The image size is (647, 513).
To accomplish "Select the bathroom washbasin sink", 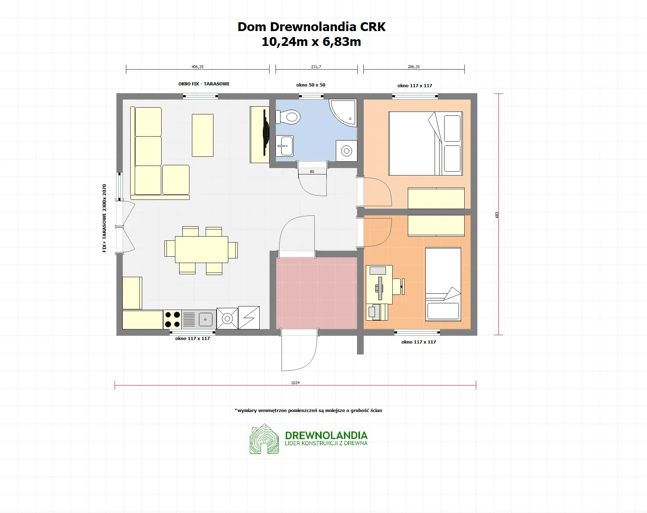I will [284, 145].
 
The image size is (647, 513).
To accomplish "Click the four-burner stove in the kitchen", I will [172, 320].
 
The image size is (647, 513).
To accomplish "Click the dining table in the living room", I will [201, 250].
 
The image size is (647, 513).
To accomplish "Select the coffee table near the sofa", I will [202, 135].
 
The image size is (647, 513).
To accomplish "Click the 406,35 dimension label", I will [197, 67].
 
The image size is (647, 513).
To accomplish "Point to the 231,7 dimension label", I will [316, 67].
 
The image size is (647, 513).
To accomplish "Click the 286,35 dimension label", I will [413, 67].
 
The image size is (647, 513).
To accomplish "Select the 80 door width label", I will [312, 172].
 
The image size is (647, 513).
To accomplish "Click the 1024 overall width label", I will [295, 383].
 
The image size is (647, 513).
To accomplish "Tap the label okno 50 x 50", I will [310, 85].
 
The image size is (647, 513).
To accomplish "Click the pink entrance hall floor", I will [316, 293].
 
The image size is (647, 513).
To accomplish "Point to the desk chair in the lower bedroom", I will [398, 286].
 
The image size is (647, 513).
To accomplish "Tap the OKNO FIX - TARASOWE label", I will [204, 84].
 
